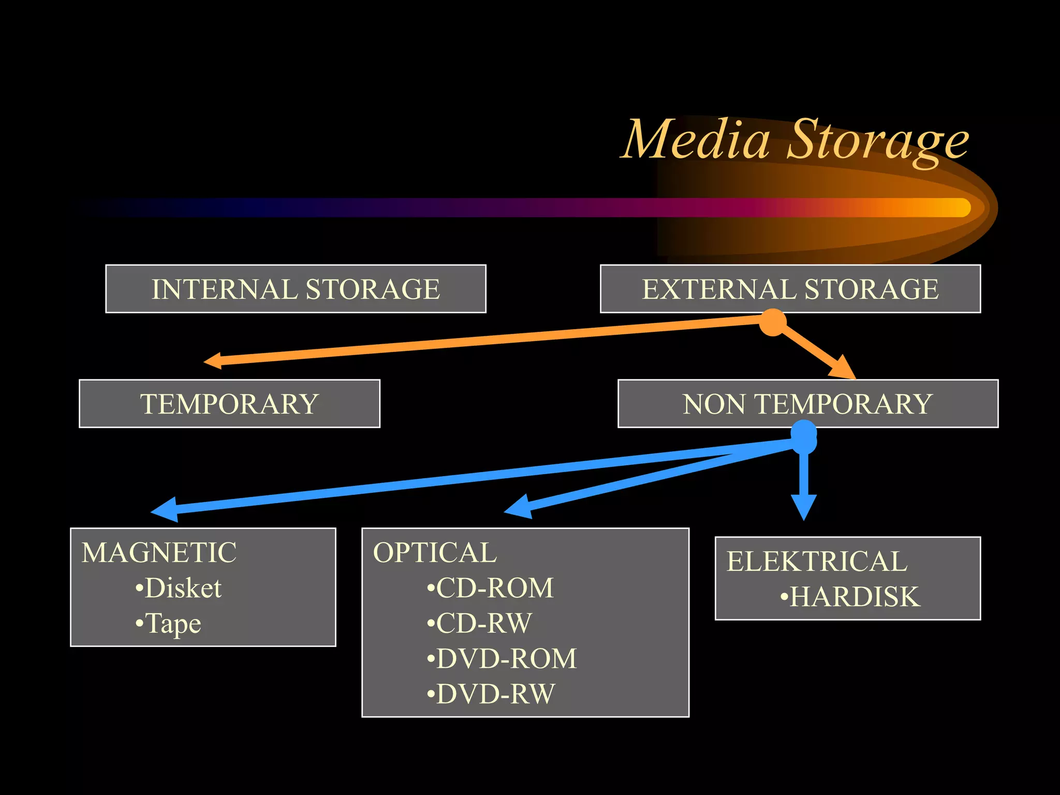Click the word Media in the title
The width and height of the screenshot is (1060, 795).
coord(696,140)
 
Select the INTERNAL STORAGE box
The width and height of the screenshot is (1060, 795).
coord(296,289)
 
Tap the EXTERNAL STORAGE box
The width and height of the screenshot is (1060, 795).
coord(790,289)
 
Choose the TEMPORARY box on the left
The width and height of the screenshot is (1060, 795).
coord(229,404)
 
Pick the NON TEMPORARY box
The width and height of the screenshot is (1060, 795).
coord(807,404)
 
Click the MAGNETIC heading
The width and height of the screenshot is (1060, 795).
coord(159,552)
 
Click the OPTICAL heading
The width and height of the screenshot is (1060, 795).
coord(435,552)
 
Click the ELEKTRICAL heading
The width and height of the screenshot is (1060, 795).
coord(817,561)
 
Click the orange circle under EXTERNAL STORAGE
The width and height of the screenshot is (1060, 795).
coord(773,322)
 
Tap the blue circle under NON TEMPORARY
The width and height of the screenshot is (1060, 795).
coord(804,437)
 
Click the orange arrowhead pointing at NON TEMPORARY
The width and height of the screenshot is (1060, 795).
coord(842,369)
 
